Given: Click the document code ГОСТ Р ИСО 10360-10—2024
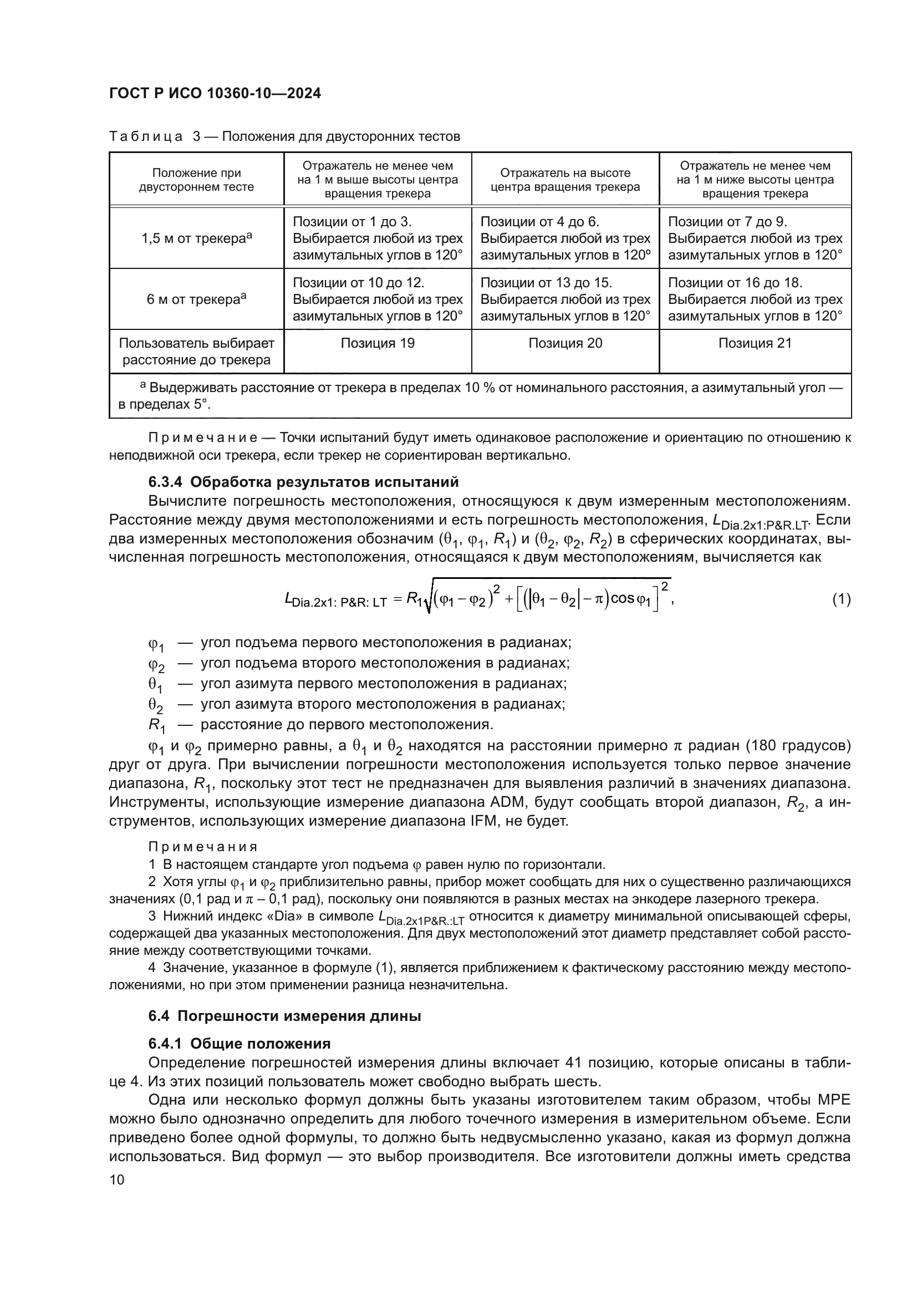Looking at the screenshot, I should [x=215, y=94].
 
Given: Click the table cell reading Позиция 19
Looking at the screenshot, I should [x=377, y=343].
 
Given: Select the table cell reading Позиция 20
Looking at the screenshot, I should [x=565, y=343].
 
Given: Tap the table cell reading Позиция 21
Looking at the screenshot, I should [x=755, y=343].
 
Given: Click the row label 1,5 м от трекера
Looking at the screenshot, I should [x=196, y=238].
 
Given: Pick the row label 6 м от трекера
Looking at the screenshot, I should [x=196, y=299].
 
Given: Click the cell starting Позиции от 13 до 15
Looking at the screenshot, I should [x=565, y=299].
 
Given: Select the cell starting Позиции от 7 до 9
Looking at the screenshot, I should [x=755, y=238].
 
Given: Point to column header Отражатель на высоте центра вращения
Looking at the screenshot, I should [x=565, y=180].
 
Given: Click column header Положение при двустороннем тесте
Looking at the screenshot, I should [x=196, y=180].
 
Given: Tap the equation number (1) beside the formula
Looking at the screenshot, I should [x=841, y=599].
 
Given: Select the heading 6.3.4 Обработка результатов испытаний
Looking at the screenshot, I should [x=303, y=482].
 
